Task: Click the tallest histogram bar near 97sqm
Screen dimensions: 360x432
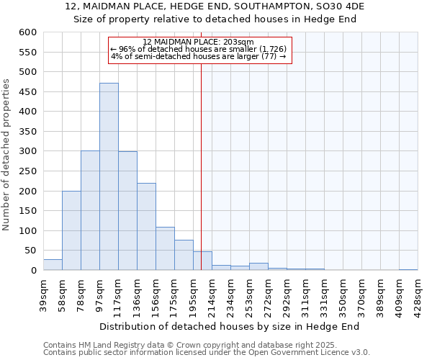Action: (109, 176)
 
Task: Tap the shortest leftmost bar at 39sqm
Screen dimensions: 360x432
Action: (53, 265)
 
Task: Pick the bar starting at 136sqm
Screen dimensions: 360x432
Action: (146, 227)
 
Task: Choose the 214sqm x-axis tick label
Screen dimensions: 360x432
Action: (212, 294)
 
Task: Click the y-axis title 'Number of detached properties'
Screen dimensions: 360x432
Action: (7, 155)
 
